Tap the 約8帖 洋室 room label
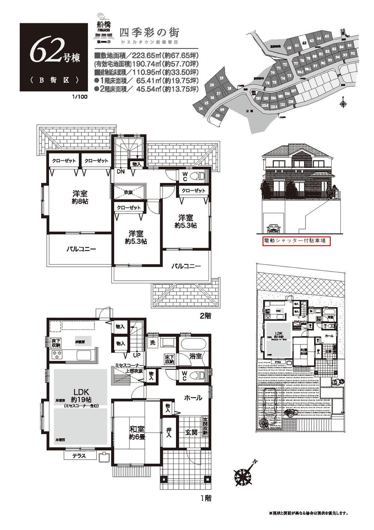pos(80,197)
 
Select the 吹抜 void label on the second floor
pos(129,192)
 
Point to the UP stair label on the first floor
pos(137,355)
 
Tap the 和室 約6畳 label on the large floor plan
pos(137,433)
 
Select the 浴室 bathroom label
pos(195,356)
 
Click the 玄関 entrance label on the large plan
pos(191,432)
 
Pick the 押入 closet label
pos(169,433)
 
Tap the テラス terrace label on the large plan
pos(79,456)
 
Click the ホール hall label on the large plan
pos(193,398)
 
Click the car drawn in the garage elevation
pos(273,228)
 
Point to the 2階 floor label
pos(205,316)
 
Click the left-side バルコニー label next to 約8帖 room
pos(82,249)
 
